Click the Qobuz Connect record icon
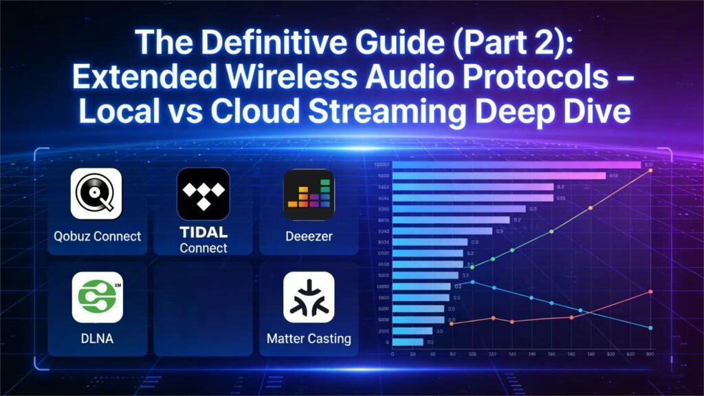pos(96,194)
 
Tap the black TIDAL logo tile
pos(203,194)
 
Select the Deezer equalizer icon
pos(309,194)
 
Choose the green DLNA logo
pos(97,297)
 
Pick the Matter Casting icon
pos(309,297)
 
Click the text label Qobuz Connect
pos(97,236)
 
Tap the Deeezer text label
pos(309,236)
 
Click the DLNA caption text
pos(97,339)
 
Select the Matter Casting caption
pos(309,339)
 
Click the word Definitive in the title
pos(255,44)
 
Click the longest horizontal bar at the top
pos(516,165)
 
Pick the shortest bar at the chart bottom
pos(408,342)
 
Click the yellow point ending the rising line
pos(650,170)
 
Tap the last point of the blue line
pos(650,328)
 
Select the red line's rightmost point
pos(650,291)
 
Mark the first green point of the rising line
pos(472,267)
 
